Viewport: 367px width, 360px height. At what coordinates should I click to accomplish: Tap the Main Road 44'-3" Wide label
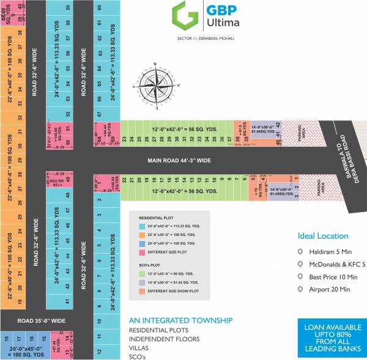tap(179, 161)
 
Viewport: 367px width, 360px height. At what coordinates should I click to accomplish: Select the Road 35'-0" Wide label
tap(42, 320)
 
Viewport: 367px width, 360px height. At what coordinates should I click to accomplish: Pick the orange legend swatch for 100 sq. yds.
tap(135, 233)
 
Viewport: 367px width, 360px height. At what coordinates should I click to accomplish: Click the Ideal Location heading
tap(322, 236)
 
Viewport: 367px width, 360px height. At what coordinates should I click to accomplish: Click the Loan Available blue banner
tap(330, 337)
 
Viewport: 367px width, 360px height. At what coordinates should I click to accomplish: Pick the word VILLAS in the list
tap(139, 348)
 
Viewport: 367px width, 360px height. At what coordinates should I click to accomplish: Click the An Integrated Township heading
tap(180, 320)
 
